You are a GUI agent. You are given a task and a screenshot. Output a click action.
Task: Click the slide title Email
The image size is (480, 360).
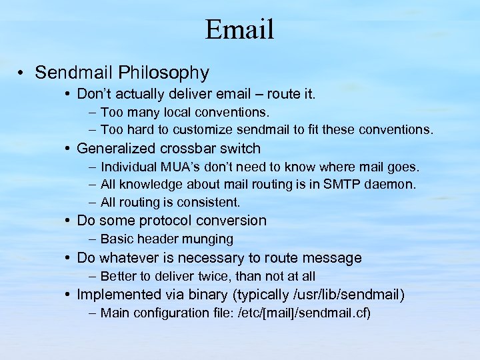[x=239, y=29]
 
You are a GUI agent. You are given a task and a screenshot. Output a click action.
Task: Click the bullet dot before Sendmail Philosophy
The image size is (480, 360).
[x=23, y=73]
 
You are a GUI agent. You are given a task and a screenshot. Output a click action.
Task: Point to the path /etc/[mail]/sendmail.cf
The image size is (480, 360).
[x=304, y=313]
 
